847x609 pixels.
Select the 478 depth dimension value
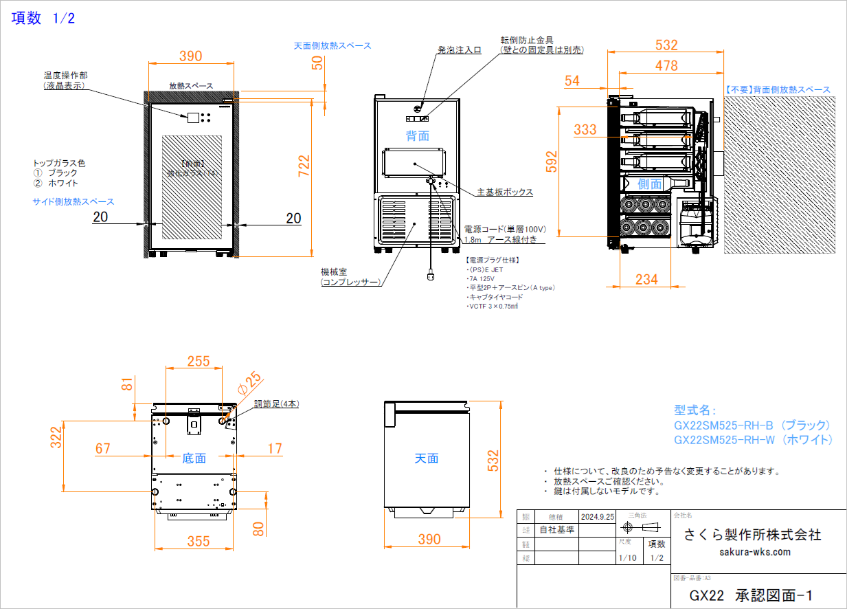tap(666, 66)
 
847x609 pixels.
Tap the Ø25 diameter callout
tap(249, 383)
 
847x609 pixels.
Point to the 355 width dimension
tap(199, 542)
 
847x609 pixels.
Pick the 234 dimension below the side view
tap(646, 279)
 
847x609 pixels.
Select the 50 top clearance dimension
tap(317, 63)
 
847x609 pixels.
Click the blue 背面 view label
tap(417, 136)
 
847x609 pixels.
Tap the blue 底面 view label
tap(194, 458)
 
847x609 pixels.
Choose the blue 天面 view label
tap(426, 458)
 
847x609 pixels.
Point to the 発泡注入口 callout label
tap(459, 50)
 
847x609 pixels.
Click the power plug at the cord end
tap(431, 277)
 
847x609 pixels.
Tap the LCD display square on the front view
tap(193, 117)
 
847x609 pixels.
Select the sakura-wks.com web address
tap(755, 552)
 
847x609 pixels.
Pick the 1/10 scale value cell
tap(627, 558)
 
